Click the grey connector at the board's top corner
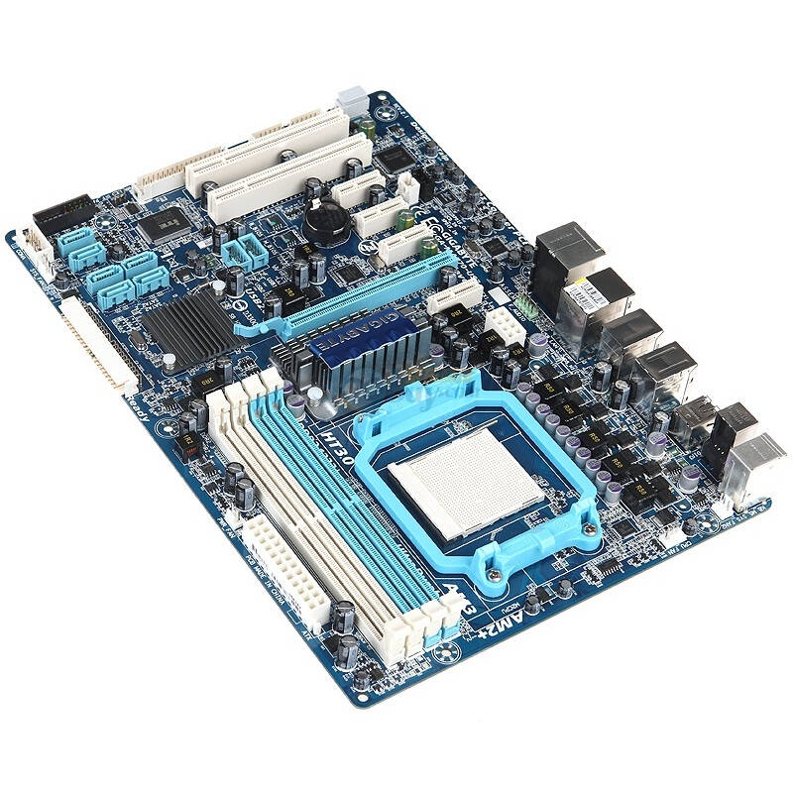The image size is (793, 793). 350,99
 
